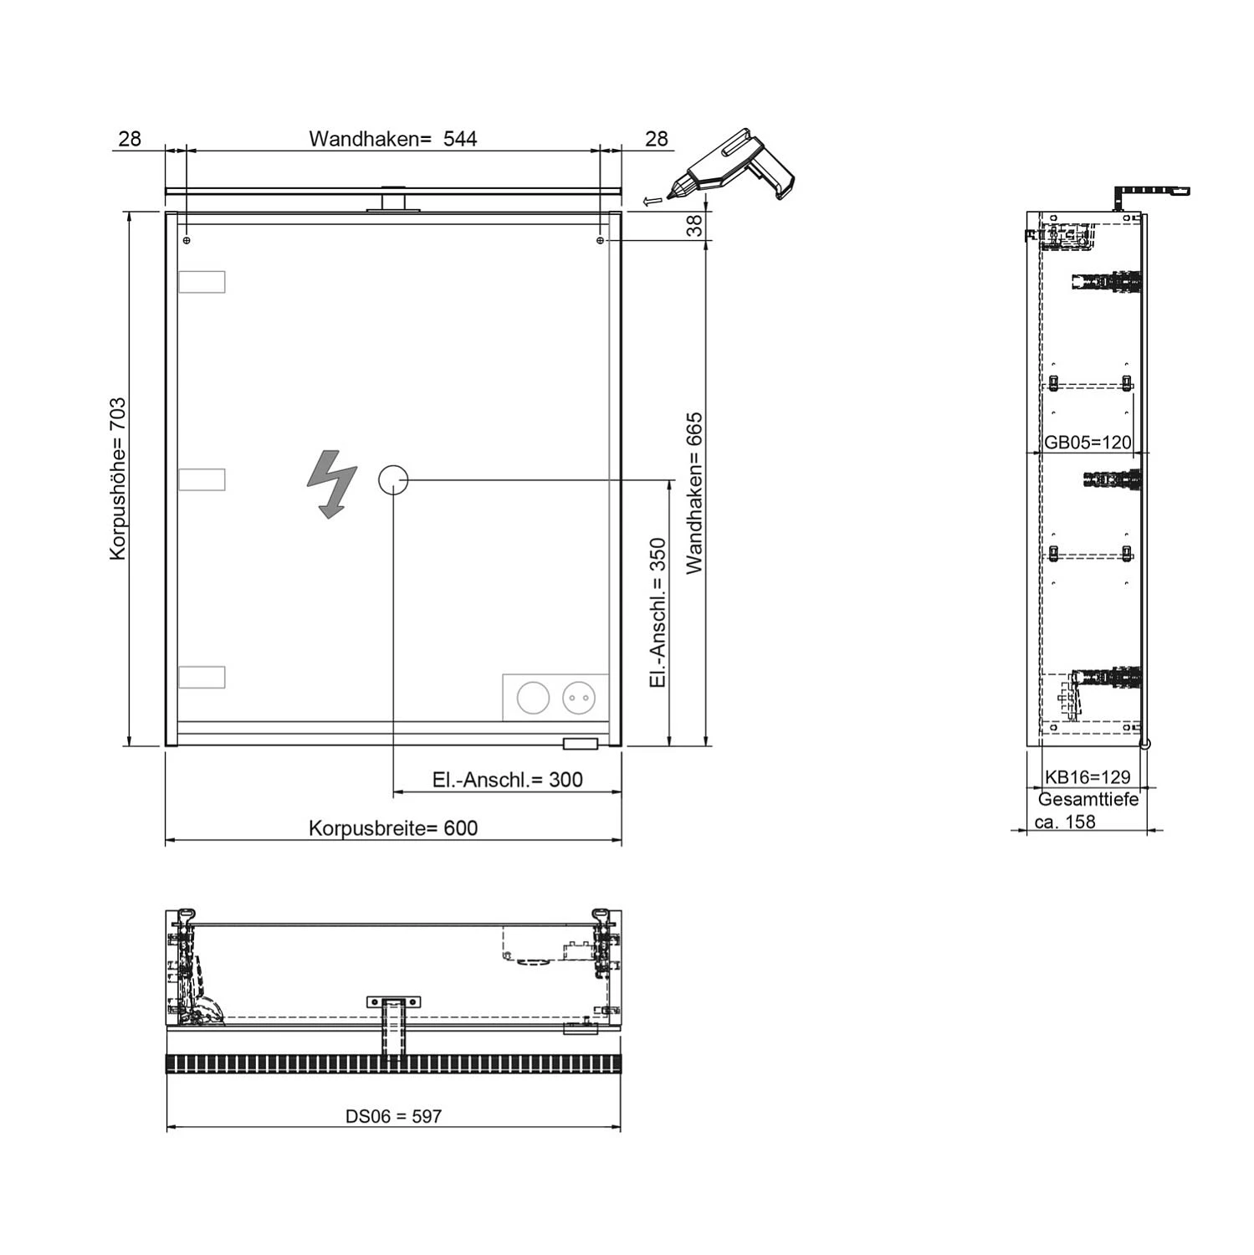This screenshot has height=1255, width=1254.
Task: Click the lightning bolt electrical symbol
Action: click(332, 484)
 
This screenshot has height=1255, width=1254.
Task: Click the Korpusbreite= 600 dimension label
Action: click(393, 828)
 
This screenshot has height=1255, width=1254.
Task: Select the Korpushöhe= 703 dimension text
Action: click(118, 479)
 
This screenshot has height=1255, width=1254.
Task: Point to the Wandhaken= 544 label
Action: click(393, 139)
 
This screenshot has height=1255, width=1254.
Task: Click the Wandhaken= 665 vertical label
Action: click(695, 494)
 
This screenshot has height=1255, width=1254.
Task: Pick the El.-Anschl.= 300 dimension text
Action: click(507, 780)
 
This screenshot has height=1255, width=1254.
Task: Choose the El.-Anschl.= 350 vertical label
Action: click(658, 613)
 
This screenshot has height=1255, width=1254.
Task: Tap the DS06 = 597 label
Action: click(393, 1116)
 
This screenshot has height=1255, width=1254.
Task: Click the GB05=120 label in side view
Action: click(1088, 443)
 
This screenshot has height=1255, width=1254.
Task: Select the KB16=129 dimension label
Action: click(1088, 777)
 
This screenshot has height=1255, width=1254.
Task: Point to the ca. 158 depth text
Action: click(1065, 822)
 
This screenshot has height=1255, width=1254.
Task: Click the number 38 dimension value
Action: click(695, 226)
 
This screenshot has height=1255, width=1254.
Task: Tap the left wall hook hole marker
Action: click(187, 240)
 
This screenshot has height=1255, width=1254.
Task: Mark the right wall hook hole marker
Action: click(601, 240)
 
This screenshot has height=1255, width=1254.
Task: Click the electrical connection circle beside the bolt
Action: click(393, 480)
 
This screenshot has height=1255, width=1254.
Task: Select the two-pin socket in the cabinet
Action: click(579, 697)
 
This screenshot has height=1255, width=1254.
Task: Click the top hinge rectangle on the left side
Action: click(202, 282)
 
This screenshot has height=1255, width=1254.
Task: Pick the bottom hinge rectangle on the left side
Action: click(202, 677)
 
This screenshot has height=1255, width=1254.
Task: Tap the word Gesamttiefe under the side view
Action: click(1088, 800)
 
